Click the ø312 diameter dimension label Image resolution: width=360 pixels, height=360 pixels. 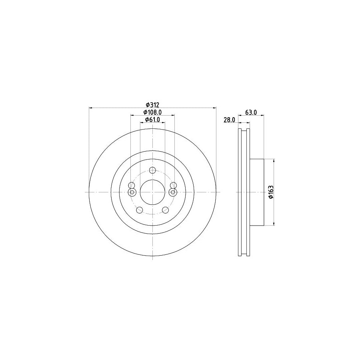click(x=152, y=104)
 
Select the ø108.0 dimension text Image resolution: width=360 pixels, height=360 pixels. click(x=152, y=112)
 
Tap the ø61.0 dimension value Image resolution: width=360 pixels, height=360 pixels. click(x=152, y=120)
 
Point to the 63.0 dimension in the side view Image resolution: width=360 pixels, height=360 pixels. click(x=251, y=112)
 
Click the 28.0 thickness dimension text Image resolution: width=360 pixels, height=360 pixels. click(x=229, y=120)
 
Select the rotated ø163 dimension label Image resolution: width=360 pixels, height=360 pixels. click(x=270, y=192)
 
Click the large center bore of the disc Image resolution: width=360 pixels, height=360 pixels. click(x=152, y=192)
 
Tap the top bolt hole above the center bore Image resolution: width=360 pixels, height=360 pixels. click(x=152, y=170)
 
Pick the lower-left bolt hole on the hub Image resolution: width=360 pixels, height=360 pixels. click(x=139, y=210)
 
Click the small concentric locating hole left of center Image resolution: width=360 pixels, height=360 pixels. click(x=131, y=192)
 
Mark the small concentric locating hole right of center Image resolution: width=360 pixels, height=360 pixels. click(x=173, y=192)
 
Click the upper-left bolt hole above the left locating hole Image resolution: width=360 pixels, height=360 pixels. click(x=131, y=185)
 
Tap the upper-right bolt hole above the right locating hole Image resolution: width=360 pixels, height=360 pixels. click(x=173, y=185)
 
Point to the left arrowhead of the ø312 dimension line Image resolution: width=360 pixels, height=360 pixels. click(x=90, y=108)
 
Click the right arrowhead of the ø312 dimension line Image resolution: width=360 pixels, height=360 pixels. click(x=214, y=108)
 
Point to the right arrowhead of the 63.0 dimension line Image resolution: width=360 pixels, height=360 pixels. click(x=262, y=116)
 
